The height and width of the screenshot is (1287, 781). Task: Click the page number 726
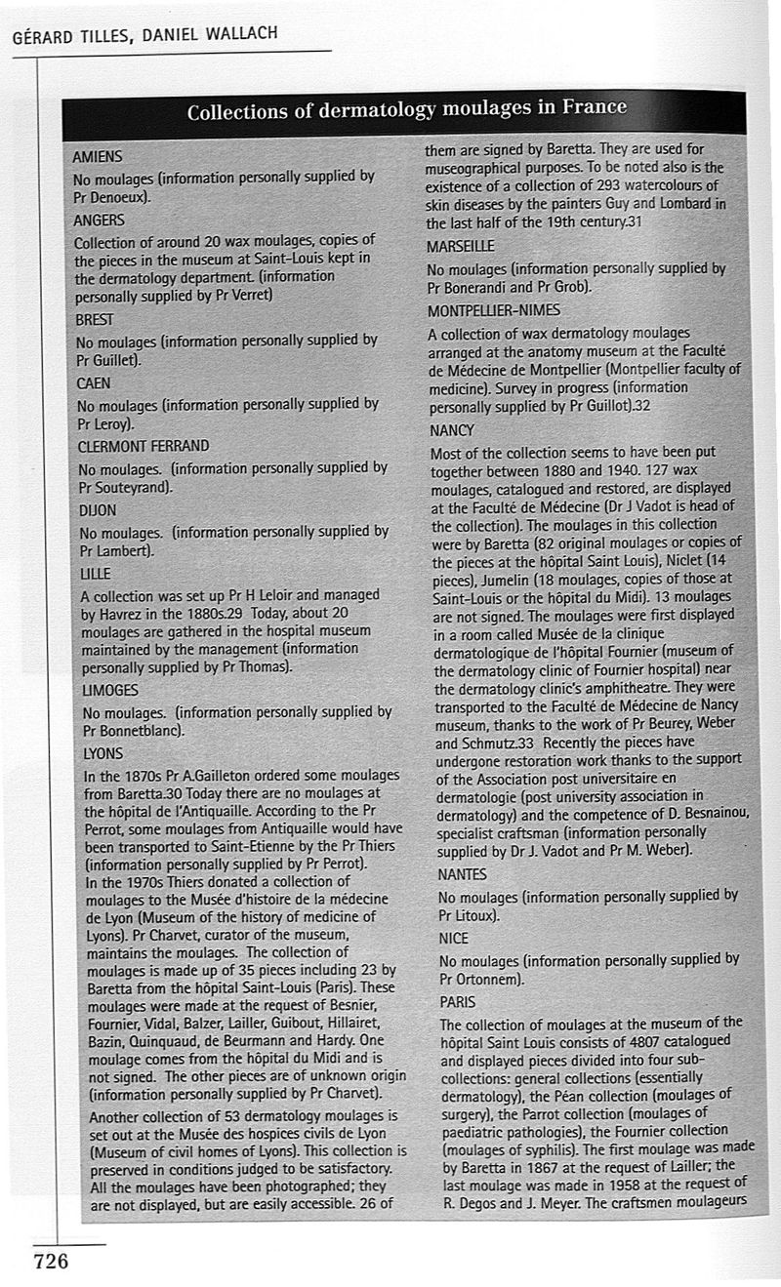pos(51,1262)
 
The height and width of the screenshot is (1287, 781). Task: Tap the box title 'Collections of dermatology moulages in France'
pos(406,109)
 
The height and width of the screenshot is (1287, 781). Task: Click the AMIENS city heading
pos(97,156)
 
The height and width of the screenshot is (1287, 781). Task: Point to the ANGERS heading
pos(99,220)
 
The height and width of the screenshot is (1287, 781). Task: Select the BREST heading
pos(95,319)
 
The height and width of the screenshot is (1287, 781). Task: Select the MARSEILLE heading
pos(461,246)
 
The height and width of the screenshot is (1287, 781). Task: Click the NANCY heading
pos(452,430)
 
